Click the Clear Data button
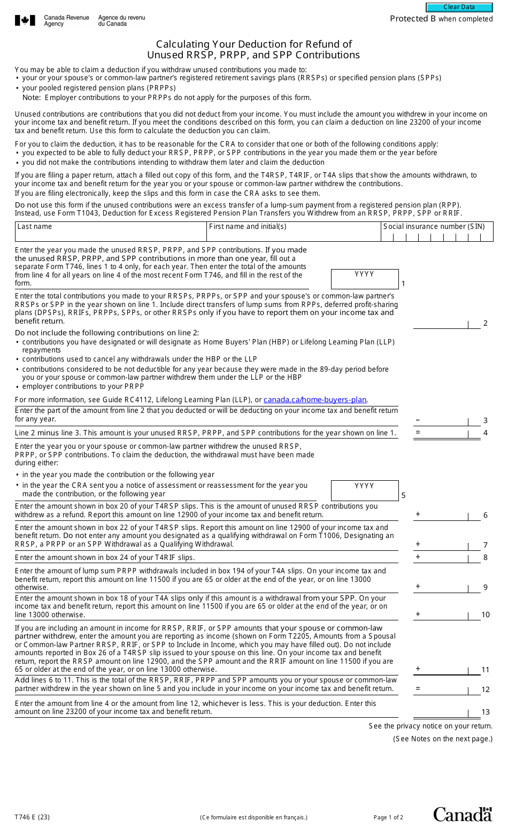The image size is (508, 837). pyautogui.click(x=459, y=7)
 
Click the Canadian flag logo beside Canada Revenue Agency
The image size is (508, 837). pyautogui.click(x=25, y=21)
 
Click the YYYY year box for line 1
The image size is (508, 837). pyautogui.click(x=365, y=279)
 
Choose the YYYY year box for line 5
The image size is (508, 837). pyautogui.click(x=365, y=490)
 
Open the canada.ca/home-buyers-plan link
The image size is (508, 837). pyautogui.click(x=315, y=400)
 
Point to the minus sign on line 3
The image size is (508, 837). pyautogui.click(x=418, y=420)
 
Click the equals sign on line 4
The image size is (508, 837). pyautogui.click(x=418, y=433)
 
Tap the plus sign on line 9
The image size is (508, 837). pyautogui.click(x=418, y=587)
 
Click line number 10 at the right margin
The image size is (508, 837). pyautogui.click(x=486, y=615)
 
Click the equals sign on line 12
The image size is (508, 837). pyautogui.click(x=418, y=689)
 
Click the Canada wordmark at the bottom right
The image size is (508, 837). pyautogui.click(x=463, y=814)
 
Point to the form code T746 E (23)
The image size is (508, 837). pyautogui.click(x=33, y=817)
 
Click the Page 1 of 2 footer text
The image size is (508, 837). pyautogui.click(x=388, y=817)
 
